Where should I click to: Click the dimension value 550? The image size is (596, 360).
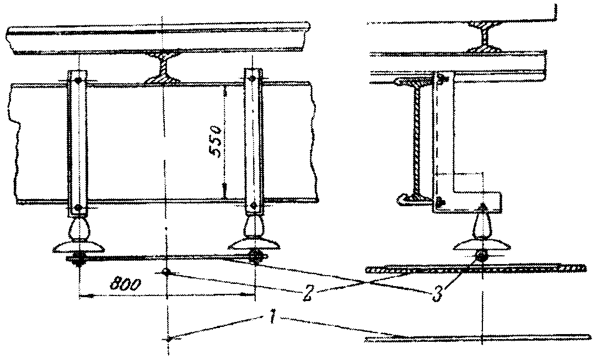click(217, 141)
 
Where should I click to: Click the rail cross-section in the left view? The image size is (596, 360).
click(163, 69)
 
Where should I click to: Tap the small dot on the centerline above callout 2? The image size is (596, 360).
click(166, 272)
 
